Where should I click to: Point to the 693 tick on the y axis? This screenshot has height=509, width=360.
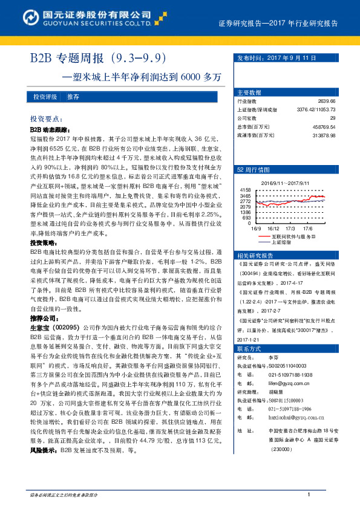click(247, 218)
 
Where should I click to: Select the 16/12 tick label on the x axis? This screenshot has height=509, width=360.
click(274, 228)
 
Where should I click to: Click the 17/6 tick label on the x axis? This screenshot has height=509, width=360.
click(307, 228)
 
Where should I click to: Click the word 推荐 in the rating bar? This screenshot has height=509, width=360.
click(73, 97)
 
